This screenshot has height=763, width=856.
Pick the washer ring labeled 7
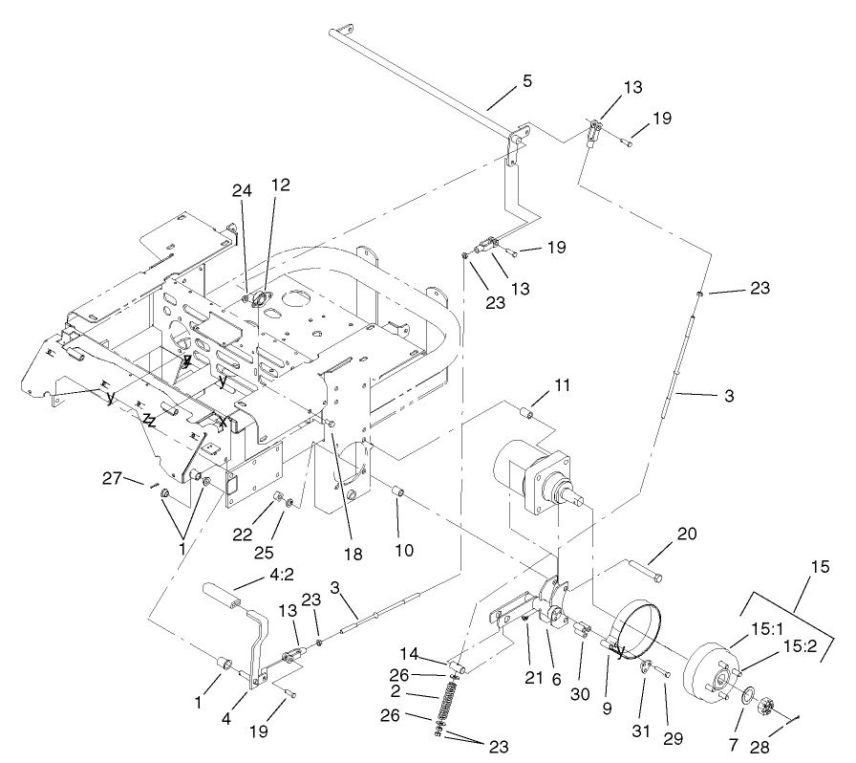[x=746, y=692]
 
